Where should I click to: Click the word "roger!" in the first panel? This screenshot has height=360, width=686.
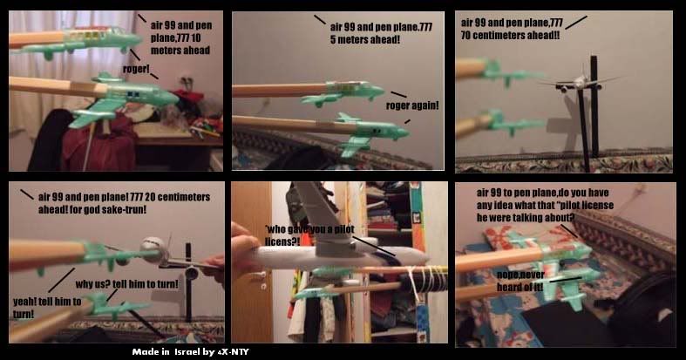pos(136,69)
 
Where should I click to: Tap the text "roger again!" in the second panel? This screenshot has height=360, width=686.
pos(412,105)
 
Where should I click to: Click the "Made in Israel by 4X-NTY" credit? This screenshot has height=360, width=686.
pos(190,351)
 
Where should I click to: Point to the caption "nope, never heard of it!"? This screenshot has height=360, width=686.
pos(520,281)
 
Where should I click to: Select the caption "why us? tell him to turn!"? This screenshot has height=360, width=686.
pos(127,284)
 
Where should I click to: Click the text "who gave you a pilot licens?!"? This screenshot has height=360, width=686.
pos(309,235)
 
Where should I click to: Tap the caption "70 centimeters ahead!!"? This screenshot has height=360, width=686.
pos(510,36)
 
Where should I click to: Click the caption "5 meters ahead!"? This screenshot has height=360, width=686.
pos(365,39)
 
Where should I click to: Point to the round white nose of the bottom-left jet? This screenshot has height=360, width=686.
pos(154,249)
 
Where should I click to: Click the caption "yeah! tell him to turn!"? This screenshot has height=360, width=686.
pos(47,308)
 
